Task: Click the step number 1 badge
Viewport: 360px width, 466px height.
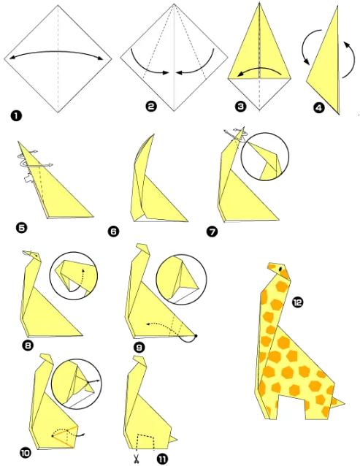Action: pos(16,115)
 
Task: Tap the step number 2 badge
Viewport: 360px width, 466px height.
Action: pos(151,106)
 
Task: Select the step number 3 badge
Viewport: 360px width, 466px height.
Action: pos(240,107)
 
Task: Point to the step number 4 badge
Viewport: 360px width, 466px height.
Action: pos(318,107)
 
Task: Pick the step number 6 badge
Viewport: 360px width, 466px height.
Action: pos(113,232)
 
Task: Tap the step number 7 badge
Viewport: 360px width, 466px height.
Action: pos(212,232)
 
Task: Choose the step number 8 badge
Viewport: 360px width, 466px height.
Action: pos(28,345)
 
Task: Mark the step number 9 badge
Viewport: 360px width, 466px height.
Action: pos(139,347)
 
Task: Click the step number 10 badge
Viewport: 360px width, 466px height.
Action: pos(26,453)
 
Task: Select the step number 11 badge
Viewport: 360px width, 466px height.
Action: pos(162,459)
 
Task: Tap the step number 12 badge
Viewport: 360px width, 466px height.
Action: pos(297,303)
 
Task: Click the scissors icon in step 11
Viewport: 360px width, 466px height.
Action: pos(137,459)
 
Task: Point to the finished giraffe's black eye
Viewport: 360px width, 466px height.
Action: pos(280,269)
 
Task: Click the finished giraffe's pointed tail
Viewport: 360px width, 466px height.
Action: pos(338,402)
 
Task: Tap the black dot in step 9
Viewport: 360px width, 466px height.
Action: pos(196,336)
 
